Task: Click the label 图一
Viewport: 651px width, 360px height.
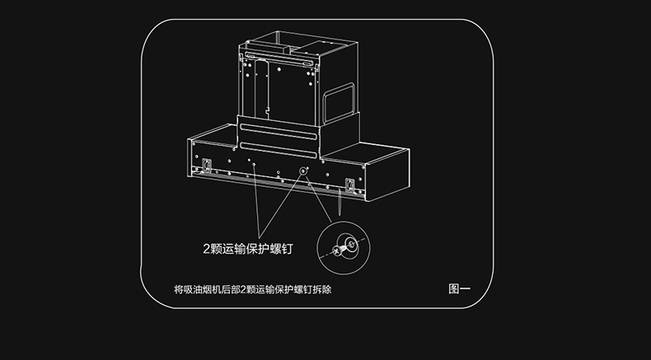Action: (459, 289)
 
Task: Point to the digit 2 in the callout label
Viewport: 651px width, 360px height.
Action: (207, 248)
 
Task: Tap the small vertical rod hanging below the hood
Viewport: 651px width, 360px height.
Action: (339, 202)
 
